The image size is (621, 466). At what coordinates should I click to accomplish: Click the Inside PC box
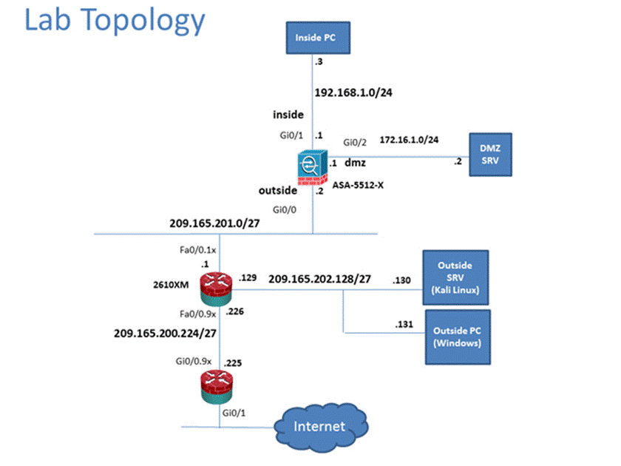(316, 37)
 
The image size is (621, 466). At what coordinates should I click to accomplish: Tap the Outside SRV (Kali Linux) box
(455, 277)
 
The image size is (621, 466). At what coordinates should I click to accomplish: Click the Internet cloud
(319, 426)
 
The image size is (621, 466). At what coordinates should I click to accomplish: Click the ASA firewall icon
(311, 168)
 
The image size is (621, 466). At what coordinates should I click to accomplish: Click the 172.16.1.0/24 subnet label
(409, 139)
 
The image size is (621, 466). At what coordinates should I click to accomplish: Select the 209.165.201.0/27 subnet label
(212, 221)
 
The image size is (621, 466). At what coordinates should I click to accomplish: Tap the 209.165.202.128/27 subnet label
(320, 280)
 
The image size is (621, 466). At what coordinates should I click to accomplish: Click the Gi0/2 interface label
(353, 143)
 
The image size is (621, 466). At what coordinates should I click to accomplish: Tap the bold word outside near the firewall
(278, 191)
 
